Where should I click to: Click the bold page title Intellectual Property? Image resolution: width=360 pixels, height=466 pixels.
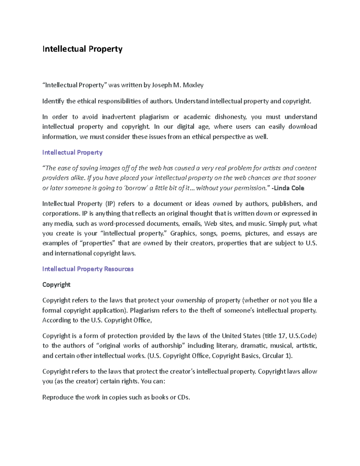click(x=82, y=49)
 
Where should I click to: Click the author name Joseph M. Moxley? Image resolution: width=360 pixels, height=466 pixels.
click(x=178, y=85)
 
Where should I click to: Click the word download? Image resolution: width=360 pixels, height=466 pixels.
click(x=302, y=127)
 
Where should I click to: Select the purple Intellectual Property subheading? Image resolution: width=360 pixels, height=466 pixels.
click(x=72, y=152)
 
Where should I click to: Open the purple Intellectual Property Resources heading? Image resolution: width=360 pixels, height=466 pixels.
click(x=88, y=269)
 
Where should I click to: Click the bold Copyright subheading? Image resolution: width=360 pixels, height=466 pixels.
click(x=56, y=284)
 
